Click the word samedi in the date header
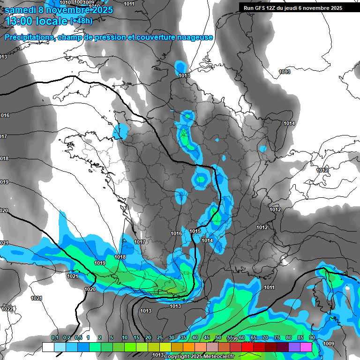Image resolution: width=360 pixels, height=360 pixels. click(x=21, y=10)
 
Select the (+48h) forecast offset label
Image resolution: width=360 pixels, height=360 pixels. click(x=81, y=21)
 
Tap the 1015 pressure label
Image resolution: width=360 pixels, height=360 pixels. click(x=195, y=232)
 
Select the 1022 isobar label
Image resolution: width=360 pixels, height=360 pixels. click(x=7, y=309)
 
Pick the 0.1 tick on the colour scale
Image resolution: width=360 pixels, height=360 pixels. click(x=55, y=338)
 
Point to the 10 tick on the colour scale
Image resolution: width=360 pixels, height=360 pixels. click(x=125, y=338)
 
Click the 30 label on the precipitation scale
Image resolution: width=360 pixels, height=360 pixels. click(x=172, y=338)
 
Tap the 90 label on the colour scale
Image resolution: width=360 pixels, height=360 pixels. click(x=312, y=338)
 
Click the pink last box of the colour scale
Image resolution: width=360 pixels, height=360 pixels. click(x=306, y=347)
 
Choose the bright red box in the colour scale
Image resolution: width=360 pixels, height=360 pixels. click(x=247, y=347)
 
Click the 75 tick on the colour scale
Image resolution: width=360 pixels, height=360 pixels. click(x=277, y=338)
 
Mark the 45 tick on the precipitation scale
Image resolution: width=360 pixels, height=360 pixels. click(x=207, y=338)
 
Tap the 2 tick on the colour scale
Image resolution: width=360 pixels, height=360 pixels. click(x=100, y=338)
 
